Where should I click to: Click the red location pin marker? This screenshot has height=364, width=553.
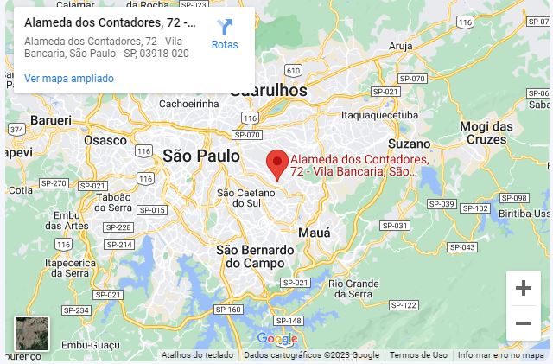click(x=276, y=164)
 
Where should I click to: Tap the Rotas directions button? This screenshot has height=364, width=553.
click(x=225, y=35)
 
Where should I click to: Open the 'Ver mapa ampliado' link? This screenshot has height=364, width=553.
click(x=69, y=79)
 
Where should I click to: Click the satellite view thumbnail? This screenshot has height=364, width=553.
click(x=32, y=334)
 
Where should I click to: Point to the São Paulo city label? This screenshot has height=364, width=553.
click(x=200, y=156)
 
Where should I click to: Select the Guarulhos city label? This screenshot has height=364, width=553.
click(x=269, y=91)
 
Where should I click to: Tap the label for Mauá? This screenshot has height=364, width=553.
click(x=314, y=233)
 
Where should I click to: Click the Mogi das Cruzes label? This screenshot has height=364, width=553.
click(x=486, y=132)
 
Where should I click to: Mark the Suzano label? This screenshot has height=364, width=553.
click(x=409, y=144)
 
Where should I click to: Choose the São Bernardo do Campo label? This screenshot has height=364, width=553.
click(x=255, y=256)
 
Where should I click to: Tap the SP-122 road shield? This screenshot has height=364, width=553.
click(x=404, y=305)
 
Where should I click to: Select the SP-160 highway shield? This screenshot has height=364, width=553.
click(x=228, y=310)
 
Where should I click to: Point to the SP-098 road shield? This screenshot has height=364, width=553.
click(x=514, y=198)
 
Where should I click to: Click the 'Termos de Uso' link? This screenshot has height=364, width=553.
click(x=418, y=355)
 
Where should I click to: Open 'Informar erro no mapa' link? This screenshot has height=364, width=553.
click(x=500, y=355)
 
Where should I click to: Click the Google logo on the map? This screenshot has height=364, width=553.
click(x=276, y=339)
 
